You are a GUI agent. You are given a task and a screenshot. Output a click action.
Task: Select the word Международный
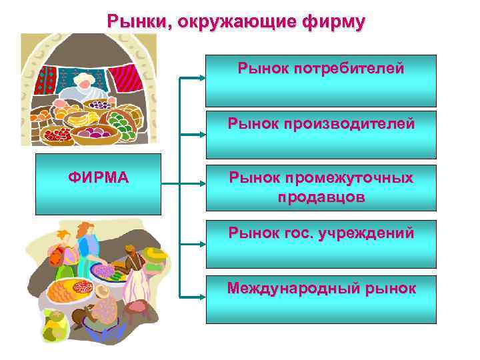(x=296, y=289)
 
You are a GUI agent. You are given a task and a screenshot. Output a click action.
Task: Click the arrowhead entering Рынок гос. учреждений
(x=201, y=243)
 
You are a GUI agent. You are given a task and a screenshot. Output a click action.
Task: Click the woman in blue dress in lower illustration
(x=87, y=256)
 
